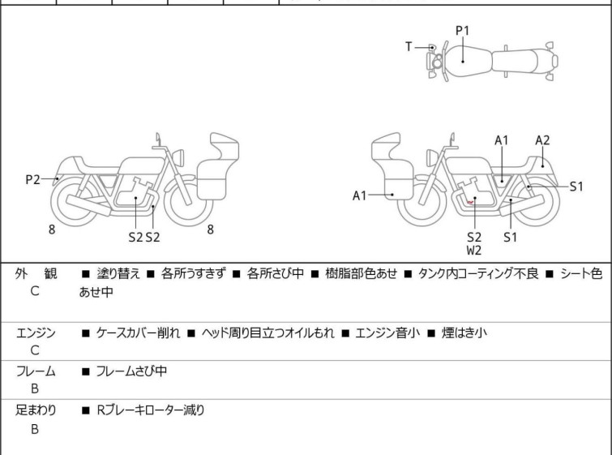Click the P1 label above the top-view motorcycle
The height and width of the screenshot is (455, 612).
point(463,30)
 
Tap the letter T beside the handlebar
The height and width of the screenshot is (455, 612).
point(409,47)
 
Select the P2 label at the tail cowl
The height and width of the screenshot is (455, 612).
point(32,180)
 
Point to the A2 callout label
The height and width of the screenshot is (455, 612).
point(542,140)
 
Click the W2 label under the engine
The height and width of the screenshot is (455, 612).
point(474,251)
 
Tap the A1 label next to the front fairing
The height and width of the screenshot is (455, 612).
point(359,195)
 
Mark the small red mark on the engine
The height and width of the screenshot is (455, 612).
point(470,202)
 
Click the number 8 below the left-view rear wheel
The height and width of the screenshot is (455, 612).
point(52,230)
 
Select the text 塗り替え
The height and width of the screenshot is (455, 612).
point(118,273)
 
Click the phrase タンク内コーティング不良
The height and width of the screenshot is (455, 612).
point(478,273)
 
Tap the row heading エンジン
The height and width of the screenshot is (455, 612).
point(36,333)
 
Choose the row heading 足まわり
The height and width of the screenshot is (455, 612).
point(36,410)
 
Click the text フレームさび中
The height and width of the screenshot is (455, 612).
point(131,371)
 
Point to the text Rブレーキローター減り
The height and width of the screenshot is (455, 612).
point(151,410)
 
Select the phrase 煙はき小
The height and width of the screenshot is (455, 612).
point(464,333)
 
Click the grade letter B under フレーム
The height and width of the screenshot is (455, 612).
point(35,388)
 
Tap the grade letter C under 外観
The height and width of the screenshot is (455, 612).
point(35,291)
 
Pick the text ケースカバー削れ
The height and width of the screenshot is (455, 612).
point(138,333)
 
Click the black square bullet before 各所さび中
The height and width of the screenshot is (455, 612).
point(236,274)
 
